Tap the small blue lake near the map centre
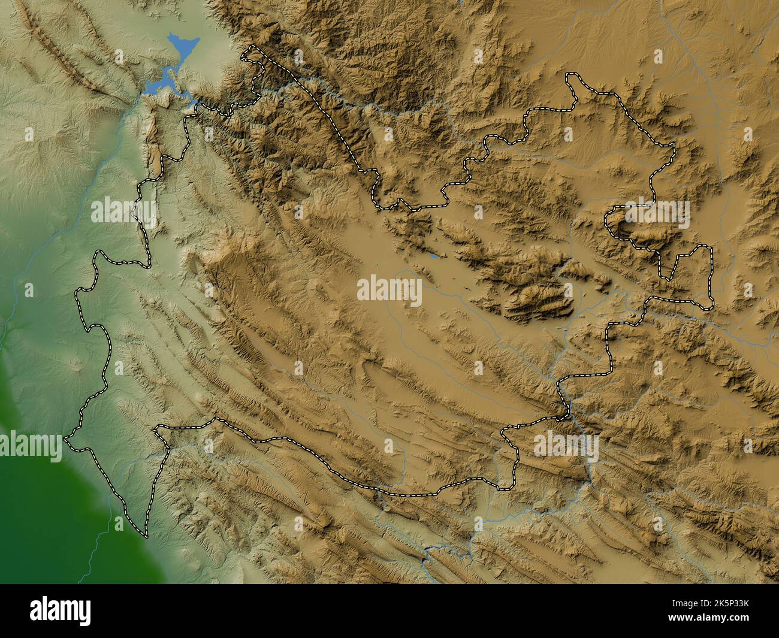(433, 258)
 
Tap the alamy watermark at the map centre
(389, 290)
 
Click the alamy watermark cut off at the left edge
(30, 447)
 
